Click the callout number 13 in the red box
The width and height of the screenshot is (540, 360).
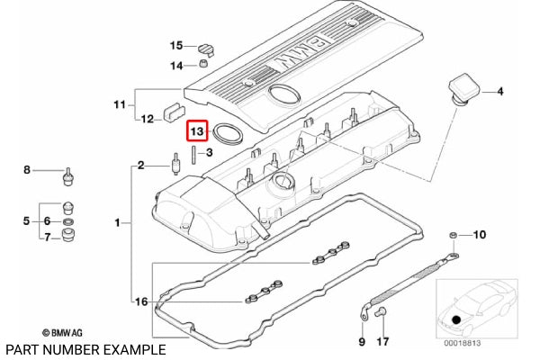[x=197, y=131]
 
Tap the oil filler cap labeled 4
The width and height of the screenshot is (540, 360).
[x=465, y=88]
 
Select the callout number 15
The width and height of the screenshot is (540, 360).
[x=176, y=46]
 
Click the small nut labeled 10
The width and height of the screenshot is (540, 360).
[x=454, y=235]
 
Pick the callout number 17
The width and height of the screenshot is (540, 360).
[x=382, y=341]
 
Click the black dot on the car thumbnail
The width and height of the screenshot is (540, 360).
[x=456, y=319]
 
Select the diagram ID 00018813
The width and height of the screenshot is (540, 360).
[x=463, y=343]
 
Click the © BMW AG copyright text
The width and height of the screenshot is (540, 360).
[x=62, y=333]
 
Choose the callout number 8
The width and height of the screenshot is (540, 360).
[x=27, y=170]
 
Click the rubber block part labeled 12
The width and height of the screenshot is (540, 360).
[x=174, y=112]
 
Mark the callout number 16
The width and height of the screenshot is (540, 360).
[x=141, y=301]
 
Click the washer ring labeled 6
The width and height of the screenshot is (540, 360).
[x=69, y=220]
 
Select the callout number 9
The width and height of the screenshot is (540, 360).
[x=362, y=341]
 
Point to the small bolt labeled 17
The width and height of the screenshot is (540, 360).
[x=382, y=312]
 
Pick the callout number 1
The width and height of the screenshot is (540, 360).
[x=117, y=223]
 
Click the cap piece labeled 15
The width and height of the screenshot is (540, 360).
[x=206, y=49]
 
